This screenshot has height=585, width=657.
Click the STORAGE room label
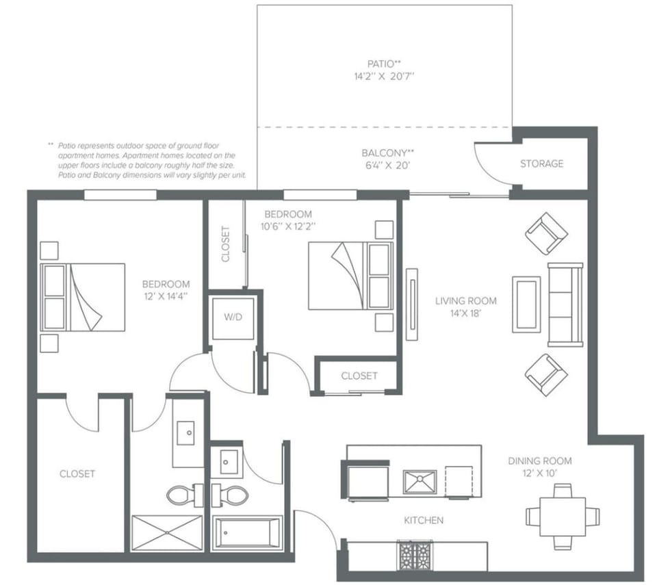[x=541, y=164]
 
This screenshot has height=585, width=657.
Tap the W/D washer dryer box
[x=233, y=318]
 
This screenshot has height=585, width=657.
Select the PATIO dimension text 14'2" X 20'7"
[x=380, y=77]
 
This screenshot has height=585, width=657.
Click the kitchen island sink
[x=420, y=481]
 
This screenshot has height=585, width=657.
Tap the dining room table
[x=562, y=517]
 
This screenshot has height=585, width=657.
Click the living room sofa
[x=565, y=304]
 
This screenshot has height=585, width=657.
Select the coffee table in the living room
[x=526, y=304]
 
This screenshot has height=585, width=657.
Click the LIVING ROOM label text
[x=466, y=300]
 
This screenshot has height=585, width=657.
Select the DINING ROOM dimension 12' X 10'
[x=539, y=473]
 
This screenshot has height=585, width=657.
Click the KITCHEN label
[x=423, y=521]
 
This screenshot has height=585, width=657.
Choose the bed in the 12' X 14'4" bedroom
[x=83, y=298]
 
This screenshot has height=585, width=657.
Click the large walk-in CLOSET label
[x=77, y=473]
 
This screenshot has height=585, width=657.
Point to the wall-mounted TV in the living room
[x=411, y=303]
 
